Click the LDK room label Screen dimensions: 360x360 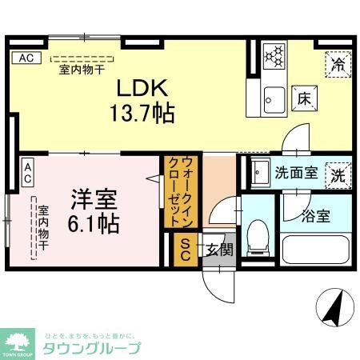[144, 87]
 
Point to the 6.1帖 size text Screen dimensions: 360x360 [95, 222]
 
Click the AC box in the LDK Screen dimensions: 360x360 [26, 58]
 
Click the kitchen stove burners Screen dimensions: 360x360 [274, 55]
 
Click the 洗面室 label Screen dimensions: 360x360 [296, 171]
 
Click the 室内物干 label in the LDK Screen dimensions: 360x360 [80, 69]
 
